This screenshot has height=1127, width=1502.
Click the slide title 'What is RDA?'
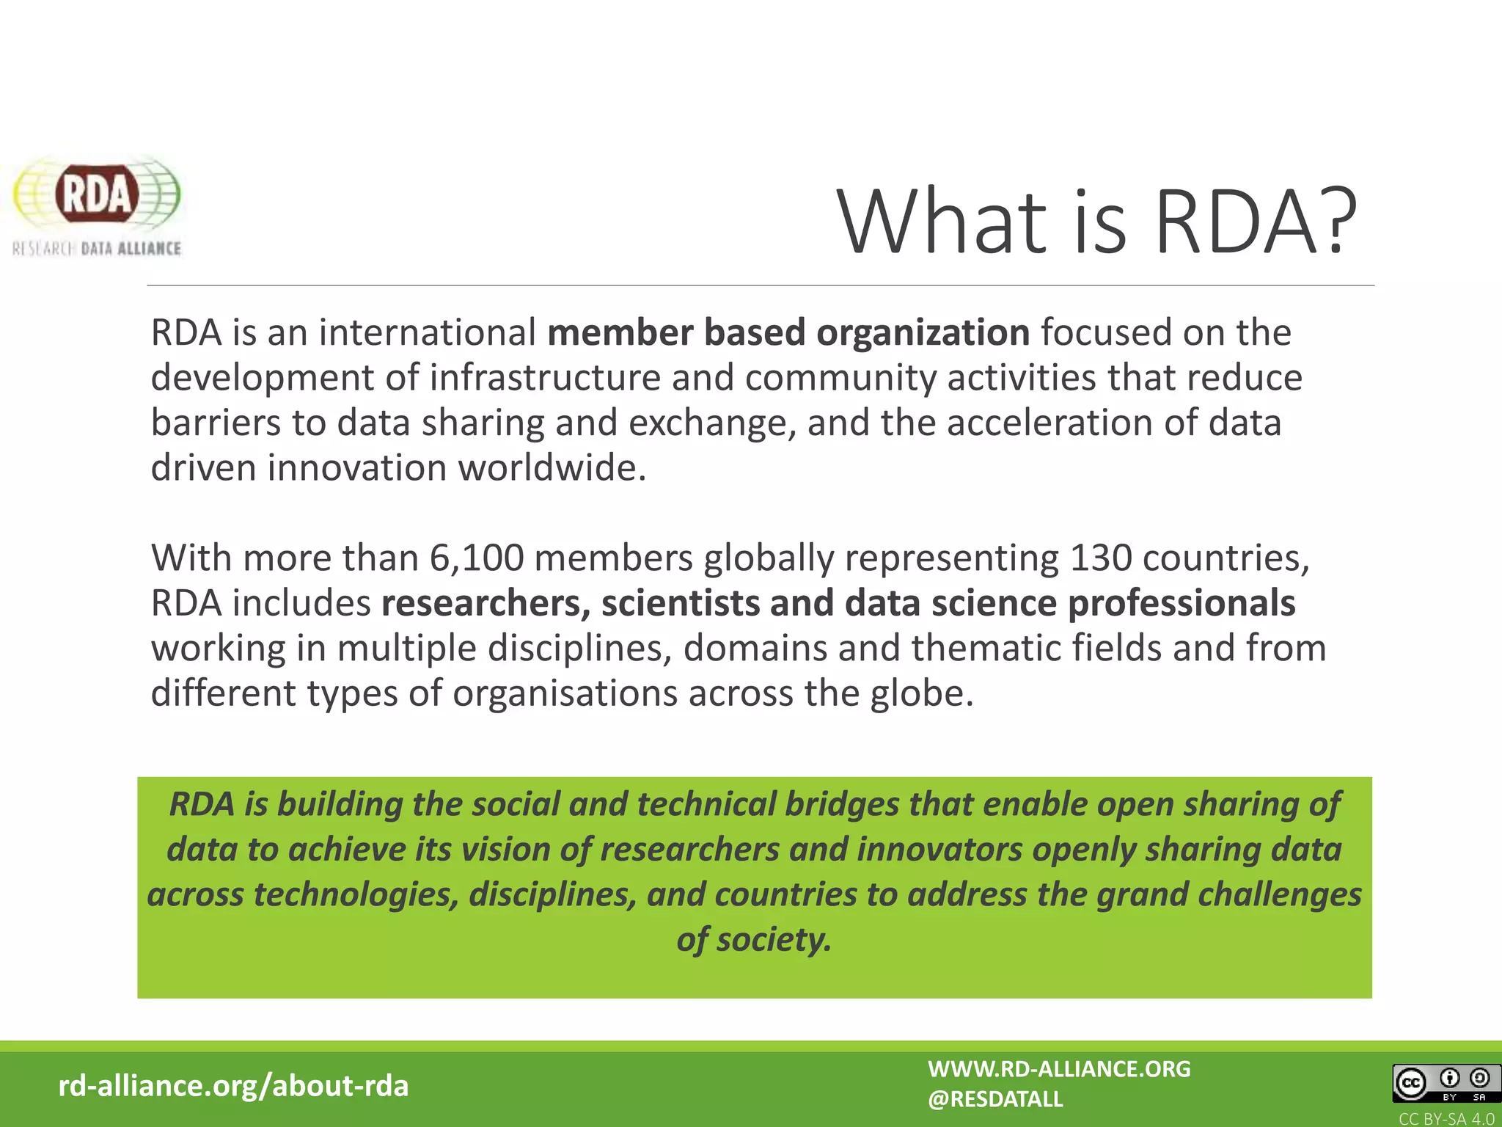click(x=1096, y=222)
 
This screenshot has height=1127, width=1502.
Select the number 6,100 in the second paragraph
click(x=477, y=558)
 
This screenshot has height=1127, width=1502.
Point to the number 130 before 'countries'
click(x=1101, y=558)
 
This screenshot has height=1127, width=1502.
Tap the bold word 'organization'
click(x=923, y=332)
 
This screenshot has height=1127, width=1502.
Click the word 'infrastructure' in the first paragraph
click(x=545, y=378)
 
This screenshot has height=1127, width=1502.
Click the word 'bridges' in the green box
click(x=842, y=804)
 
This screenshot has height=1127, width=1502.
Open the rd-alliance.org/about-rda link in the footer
click(x=233, y=1086)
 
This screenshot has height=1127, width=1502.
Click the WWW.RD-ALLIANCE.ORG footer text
click(x=1059, y=1069)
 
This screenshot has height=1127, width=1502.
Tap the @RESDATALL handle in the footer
click(x=995, y=1099)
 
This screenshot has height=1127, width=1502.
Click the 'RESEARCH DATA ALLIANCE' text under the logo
click(x=97, y=249)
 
